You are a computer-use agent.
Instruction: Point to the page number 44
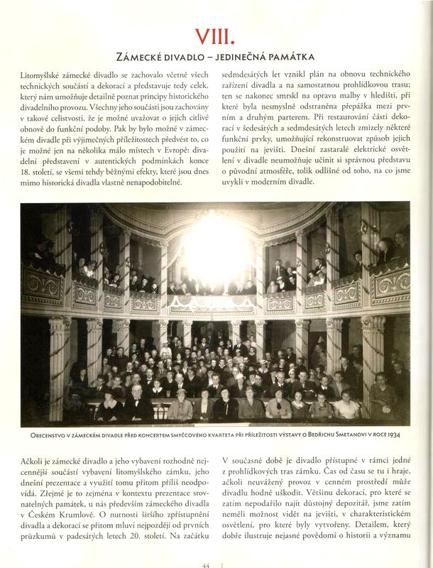[207, 564]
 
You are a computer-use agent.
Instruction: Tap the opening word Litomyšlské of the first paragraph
[47, 75]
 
